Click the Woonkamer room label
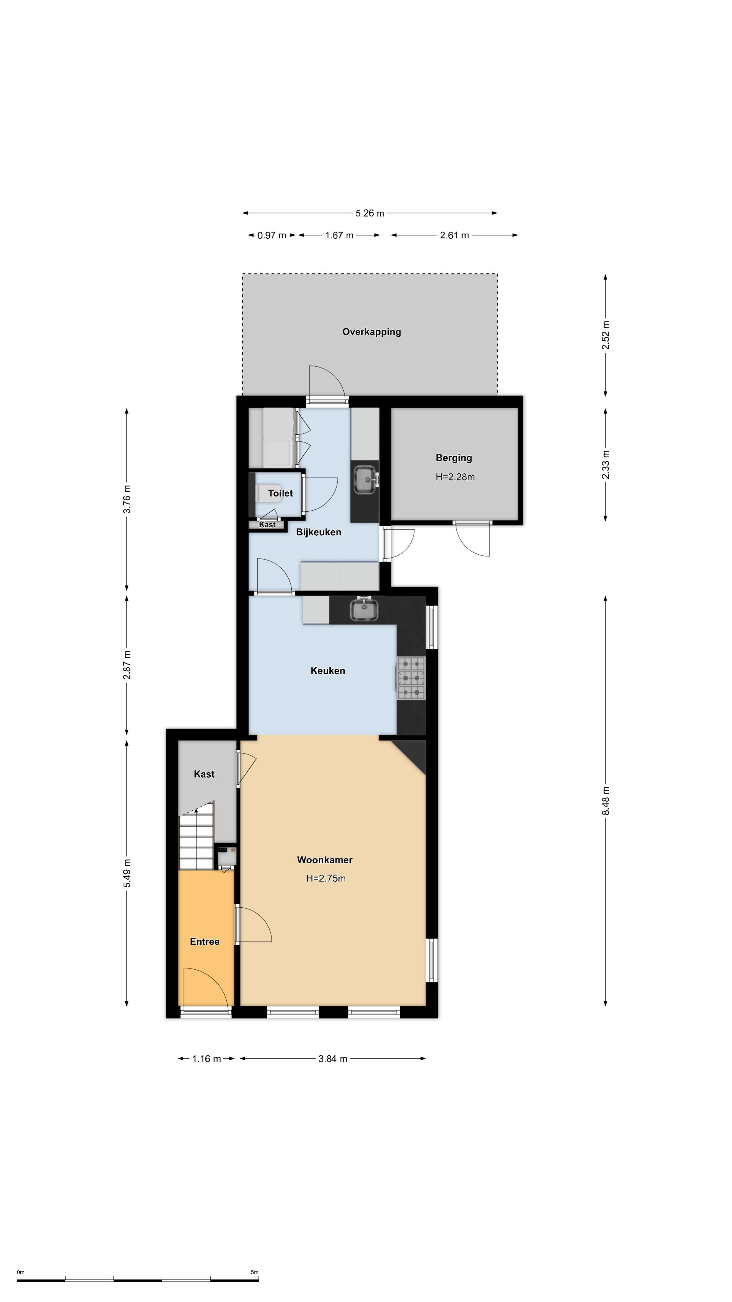click(x=324, y=860)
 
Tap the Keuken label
click(x=327, y=671)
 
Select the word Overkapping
click(x=371, y=332)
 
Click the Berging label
click(x=454, y=458)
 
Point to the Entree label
click(x=205, y=941)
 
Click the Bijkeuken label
click(x=318, y=532)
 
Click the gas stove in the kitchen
click(x=411, y=678)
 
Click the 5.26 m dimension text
click(x=370, y=213)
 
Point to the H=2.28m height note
click(x=455, y=477)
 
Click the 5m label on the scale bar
click(x=254, y=1272)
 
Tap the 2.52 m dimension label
click(x=606, y=335)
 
